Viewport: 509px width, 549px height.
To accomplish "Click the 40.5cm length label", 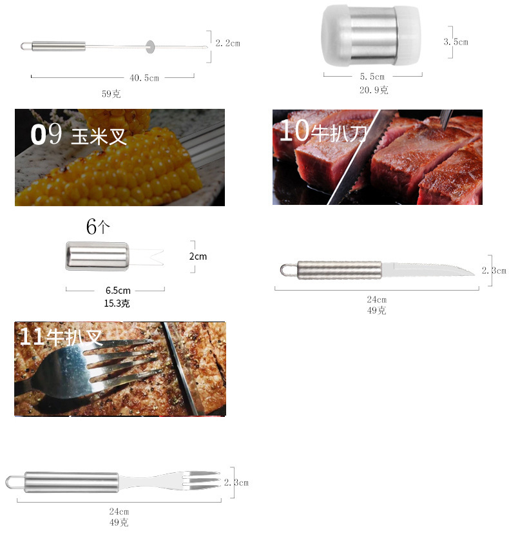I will (144, 78).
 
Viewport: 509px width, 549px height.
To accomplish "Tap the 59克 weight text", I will (111, 93).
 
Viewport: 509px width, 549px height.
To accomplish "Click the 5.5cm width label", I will (373, 77).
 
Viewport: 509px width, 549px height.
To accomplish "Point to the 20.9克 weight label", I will (374, 90).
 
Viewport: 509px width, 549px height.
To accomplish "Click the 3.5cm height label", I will (456, 42).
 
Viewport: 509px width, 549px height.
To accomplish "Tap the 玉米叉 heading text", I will (99, 137).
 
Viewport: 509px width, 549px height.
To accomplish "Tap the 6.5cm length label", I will (117, 290).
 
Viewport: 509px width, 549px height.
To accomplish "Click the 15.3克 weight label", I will (117, 303).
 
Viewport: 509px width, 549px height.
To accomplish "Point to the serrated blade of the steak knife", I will (428, 269).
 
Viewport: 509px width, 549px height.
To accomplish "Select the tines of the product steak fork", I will (204, 481).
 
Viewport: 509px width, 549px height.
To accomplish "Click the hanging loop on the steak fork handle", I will (14, 482).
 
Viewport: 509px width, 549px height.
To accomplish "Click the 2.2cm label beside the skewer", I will (227, 43).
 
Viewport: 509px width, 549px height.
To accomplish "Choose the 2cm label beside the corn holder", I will (198, 256).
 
